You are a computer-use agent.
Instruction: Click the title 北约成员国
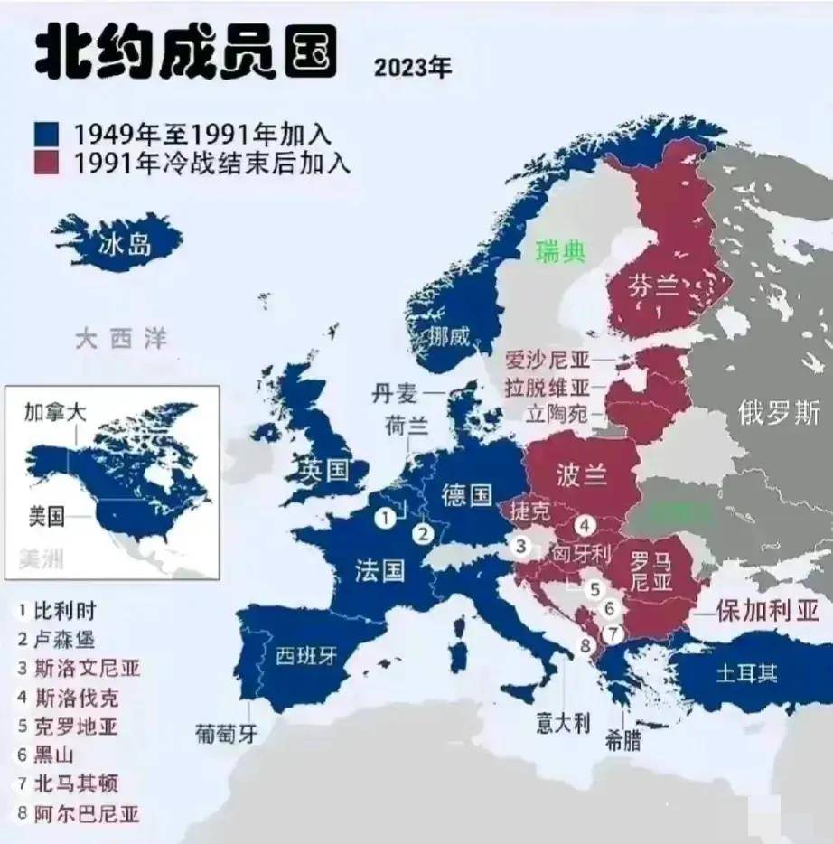coord(184,53)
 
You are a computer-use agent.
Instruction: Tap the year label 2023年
coord(412,68)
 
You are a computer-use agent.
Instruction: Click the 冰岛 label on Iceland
coord(126,244)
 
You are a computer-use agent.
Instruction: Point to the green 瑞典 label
coord(560,251)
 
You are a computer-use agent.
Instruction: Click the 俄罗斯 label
coord(778,413)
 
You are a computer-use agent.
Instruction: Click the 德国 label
coord(467,494)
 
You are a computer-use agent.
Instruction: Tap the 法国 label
coord(379,570)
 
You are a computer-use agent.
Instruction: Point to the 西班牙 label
coord(305,655)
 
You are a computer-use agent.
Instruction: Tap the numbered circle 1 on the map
coord(386,518)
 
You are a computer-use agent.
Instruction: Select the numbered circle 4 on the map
coord(585,524)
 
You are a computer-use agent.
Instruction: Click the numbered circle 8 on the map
coord(585,645)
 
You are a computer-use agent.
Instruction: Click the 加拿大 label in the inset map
coord(55,411)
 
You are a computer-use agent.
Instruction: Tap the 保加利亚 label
coord(767,611)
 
